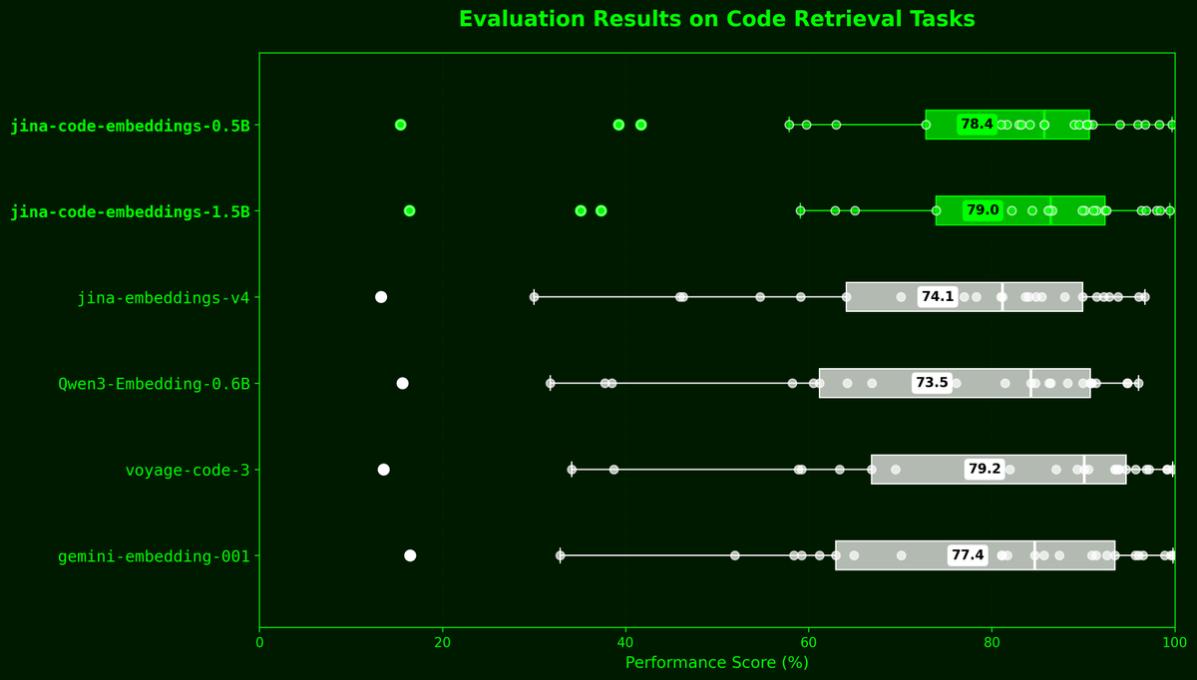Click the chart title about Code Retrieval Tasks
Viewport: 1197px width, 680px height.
[716, 20]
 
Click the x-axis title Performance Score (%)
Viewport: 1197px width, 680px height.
[716, 662]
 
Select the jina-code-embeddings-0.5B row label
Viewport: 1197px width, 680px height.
[130, 126]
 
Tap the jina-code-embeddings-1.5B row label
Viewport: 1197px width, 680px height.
[130, 211]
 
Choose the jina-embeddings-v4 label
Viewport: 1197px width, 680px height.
[164, 297]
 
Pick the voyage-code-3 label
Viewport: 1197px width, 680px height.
[188, 470]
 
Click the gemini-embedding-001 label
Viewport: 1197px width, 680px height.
[154, 556]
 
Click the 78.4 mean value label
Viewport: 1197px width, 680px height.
[977, 125]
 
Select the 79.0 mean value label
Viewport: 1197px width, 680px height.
[983, 210]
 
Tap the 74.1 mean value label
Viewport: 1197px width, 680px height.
[938, 297]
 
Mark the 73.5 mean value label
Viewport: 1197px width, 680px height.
[932, 383]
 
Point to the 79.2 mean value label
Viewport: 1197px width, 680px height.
[985, 470]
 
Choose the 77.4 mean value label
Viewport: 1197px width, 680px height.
[968, 555]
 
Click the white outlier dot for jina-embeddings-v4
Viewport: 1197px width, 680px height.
[381, 297]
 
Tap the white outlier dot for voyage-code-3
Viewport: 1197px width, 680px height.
[383, 470]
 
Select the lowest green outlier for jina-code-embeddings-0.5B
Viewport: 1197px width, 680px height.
[401, 125]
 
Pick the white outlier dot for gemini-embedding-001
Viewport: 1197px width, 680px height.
[410, 555]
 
